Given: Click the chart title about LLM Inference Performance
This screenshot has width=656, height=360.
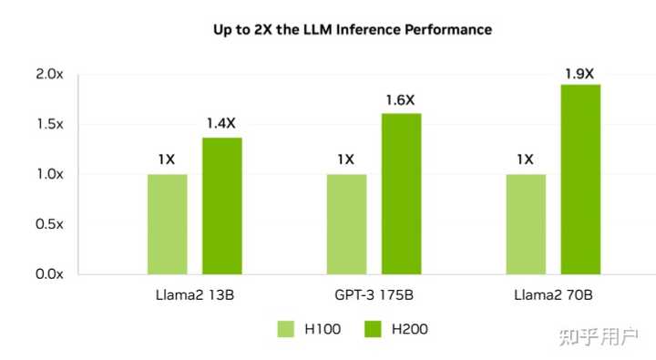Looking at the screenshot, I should tap(353, 30).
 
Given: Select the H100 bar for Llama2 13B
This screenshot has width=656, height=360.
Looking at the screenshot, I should tap(167, 223).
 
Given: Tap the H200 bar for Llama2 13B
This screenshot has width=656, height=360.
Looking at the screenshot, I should tap(222, 205).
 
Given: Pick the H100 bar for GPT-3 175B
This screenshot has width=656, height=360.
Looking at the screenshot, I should tap(346, 223).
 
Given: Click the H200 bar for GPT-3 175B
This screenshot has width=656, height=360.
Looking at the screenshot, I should tap(402, 193).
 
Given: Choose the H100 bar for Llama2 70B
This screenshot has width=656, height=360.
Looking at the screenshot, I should tap(526, 223).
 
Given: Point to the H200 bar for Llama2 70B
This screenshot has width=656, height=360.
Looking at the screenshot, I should tap(580, 179).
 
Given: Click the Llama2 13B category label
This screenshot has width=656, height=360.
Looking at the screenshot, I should tap(195, 296).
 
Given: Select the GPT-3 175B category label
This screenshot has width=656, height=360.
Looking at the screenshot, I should tap(374, 296).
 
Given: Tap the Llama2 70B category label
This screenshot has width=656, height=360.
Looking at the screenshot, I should tap(553, 296).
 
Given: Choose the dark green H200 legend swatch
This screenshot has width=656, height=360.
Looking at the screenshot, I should tap(374, 329).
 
